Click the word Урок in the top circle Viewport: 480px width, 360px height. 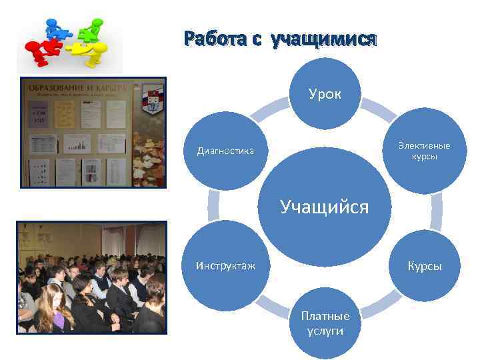coord(325,94)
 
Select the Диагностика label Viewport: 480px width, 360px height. coord(225,151)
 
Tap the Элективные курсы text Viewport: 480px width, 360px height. coord(424,151)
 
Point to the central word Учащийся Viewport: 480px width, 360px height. coord(325,207)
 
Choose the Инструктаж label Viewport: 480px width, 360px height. coord(225,265)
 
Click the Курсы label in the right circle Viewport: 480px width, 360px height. coord(425,265)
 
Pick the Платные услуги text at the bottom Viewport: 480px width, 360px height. coord(325,322)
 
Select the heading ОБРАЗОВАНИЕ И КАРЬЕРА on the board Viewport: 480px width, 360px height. coord(75,87)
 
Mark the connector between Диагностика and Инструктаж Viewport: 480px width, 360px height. coord(214,207)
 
